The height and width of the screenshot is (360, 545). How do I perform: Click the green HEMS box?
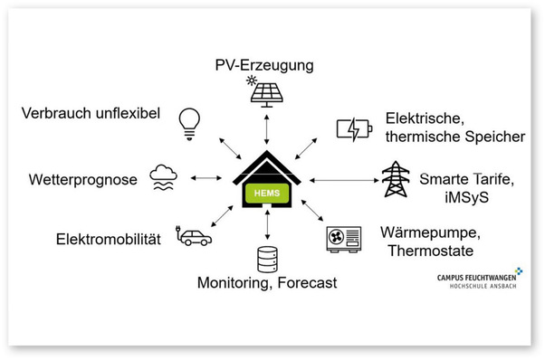pyautogui.click(x=266, y=193)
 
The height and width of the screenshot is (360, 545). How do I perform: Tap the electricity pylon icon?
pyautogui.click(x=396, y=178)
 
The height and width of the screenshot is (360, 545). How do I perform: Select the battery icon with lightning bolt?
pyautogui.click(x=352, y=129)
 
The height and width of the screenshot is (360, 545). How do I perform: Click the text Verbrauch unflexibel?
pyautogui.click(x=89, y=113)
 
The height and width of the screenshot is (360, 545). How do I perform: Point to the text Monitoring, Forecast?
pyautogui.click(x=266, y=283)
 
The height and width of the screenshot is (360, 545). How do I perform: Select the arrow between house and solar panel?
pyautogui.click(x=266, y=129)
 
